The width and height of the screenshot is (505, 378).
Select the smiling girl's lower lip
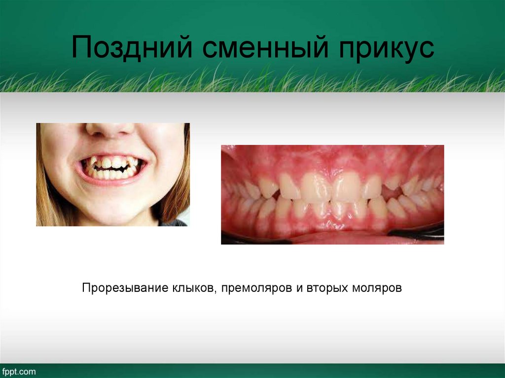tap(112, 183)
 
